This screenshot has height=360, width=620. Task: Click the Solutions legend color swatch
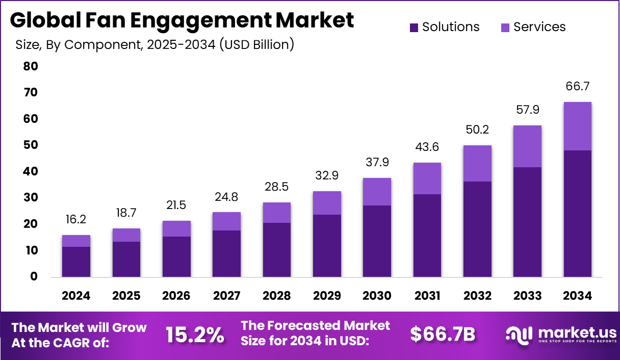pyautogui.click(x=414, y=27)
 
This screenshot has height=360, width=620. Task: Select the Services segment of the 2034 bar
pyautogui.click(x=577, y=126)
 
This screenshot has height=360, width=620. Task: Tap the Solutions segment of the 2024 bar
pyautogui.click(x=76, y=262)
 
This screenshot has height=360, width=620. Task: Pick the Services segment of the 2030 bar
pyautogui.click(x=377, y=192)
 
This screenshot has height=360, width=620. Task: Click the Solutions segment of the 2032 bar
pyautogui.click(x=477, y=229)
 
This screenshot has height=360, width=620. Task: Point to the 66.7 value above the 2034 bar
pyautogui.click(x=577, y=86)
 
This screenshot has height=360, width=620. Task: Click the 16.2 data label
pyautogui.click(x=76, y=219)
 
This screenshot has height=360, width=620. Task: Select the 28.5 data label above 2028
pyautogui.click(x=276, y=187)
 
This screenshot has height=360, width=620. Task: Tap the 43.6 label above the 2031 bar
pyautogui.click(x=427, y=147)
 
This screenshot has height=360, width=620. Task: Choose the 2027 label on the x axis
pyautogui.click(x=226, y=296)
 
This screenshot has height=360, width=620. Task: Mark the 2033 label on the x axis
pyautogui.click(x=527, y=296)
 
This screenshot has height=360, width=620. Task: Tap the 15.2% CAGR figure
pyautogui.click(x=194, y=335)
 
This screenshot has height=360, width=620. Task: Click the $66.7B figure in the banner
pyautogui.click(x=443, y=335)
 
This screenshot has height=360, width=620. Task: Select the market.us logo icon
pyautogui.click(x=519, y=335)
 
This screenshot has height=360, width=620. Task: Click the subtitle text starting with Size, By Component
pyautogui.click(x=154, y=45)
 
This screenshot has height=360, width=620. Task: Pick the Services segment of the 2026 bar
pyautogui.click(x=176, y=228)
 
